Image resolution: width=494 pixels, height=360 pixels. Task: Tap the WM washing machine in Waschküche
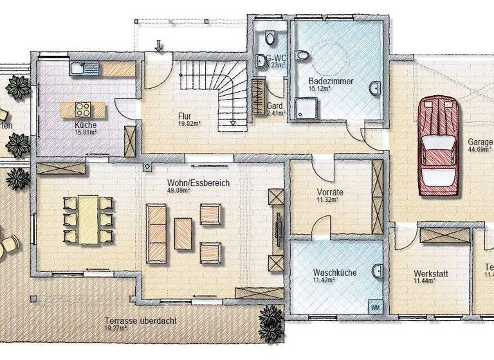tap(374, 308)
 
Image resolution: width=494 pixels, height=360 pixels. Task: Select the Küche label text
tap(85, 125)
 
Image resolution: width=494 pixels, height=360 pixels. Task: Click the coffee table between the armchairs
tap(183, 233)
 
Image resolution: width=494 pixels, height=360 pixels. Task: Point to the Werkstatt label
tap(430, 274)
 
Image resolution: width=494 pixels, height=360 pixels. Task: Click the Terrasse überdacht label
tap(140, 321)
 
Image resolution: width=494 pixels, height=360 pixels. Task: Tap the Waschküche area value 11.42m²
tap(325, 281)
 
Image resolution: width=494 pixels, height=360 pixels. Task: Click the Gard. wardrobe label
tap(276, 107)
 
